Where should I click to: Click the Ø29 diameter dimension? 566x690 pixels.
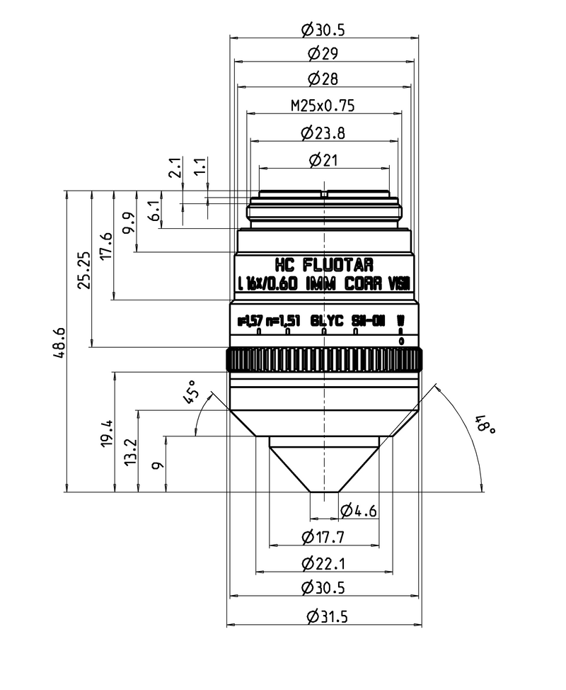tap(323, 53)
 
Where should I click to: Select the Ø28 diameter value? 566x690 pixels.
tap(323, 78)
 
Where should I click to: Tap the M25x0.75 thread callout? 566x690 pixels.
tap(323, 106)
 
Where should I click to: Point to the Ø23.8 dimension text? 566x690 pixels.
tap(323, 132)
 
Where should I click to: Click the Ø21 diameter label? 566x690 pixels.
tap(323, 160)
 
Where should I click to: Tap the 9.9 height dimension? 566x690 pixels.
tap(128, 221)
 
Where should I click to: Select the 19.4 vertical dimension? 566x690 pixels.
tap(107, 432)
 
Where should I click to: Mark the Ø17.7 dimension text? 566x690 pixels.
tap(323, 538)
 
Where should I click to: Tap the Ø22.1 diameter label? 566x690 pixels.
tap(323, 564)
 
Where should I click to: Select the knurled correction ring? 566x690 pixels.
tap(324, 360)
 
